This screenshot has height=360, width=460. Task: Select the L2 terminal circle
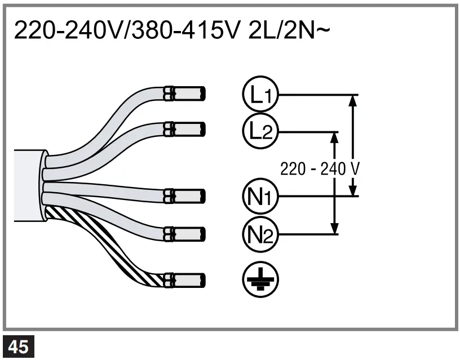coord(257,132)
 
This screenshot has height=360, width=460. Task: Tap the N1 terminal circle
coord(257,196)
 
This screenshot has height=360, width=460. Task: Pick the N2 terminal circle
coord(257,233)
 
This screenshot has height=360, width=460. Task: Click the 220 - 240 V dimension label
coord(319,168)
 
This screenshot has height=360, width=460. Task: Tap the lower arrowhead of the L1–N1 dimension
coord(353,190)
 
